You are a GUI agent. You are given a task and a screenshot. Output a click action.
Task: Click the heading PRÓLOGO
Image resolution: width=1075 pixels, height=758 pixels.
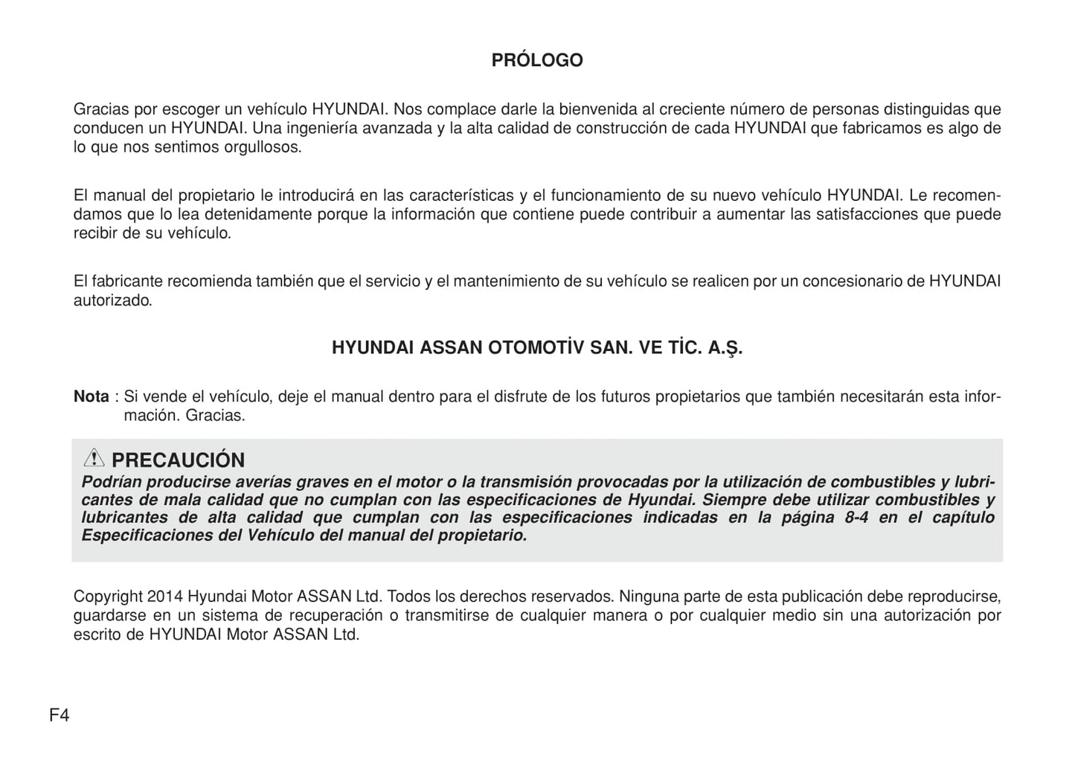[x=537, y=60]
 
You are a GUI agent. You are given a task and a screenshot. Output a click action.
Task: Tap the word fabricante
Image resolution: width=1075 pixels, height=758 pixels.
[x=127, y=282]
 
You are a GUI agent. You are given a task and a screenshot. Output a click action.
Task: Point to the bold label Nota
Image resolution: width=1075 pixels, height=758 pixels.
[x=92, y=397]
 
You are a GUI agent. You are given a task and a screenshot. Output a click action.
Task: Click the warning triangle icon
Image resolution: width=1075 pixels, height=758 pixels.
[x=94, y=458]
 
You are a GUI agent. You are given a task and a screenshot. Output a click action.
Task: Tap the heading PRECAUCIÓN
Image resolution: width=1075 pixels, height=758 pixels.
[x=178, y=460]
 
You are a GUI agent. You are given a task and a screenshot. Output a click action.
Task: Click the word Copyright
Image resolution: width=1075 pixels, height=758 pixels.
[x=108, y=597]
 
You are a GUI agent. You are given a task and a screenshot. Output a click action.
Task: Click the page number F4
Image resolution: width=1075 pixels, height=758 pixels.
[x=60, y=716]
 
